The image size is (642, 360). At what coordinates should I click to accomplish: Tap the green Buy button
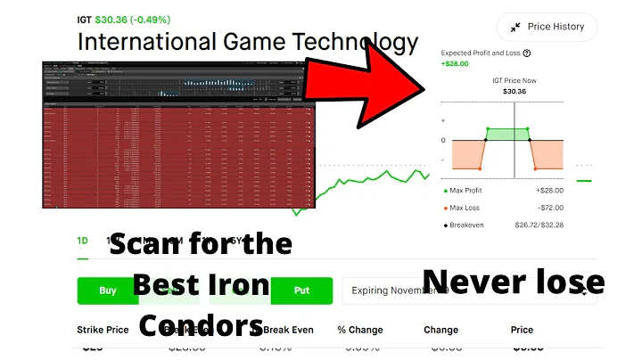[107, 290]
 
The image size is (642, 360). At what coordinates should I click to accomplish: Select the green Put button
[301, 290]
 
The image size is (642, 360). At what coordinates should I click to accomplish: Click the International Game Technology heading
[247, 42]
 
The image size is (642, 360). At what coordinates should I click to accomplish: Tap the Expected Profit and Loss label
[480, 53]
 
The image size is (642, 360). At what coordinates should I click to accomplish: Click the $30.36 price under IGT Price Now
[514, 91]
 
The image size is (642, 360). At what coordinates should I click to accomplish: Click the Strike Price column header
[103, 330]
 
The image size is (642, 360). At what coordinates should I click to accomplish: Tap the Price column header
[522, 330]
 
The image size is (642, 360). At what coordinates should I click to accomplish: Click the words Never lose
[513, 282]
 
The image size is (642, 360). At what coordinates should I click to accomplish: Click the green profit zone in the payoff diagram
[506, 135]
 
